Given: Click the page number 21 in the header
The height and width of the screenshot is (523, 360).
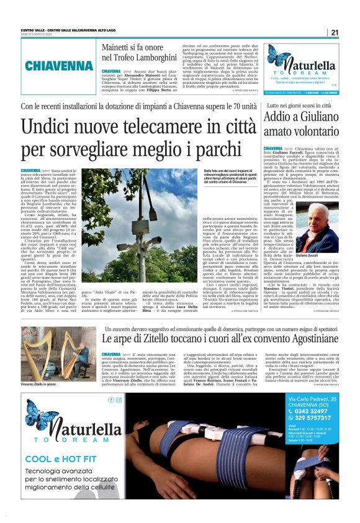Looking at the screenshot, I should (x=334, y=32).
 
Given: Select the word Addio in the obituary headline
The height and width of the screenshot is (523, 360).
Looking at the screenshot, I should (x=279, y=118).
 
